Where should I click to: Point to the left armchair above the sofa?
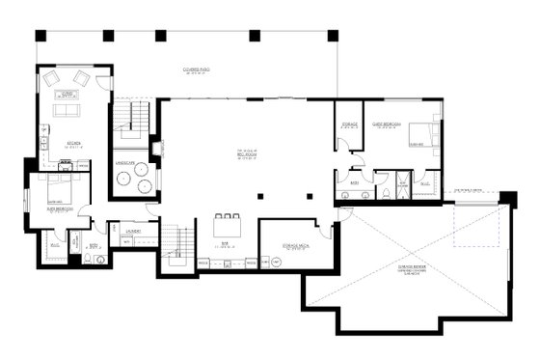point(53,78)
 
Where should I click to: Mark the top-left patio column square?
point(40,36)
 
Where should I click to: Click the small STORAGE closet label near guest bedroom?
point(350,125)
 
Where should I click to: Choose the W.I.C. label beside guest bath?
point(425,181)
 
